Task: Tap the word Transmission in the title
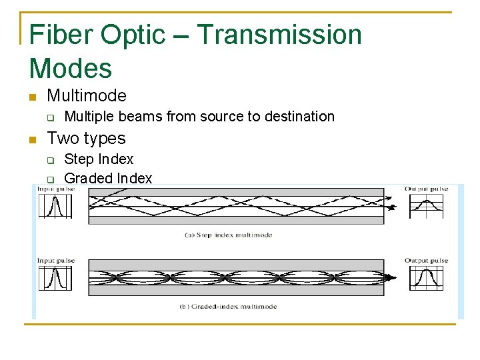pos(279,35)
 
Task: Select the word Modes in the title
pos(71,67)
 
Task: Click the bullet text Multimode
pos(87,96)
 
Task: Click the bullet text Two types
pos(86,139)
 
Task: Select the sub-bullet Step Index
pos(99,159)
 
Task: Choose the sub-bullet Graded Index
pos(108,178)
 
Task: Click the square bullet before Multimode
pos(32,97)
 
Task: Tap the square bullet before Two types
pos(32,139)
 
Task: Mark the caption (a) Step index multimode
pos(227,235)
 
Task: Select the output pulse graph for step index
pos(426,207)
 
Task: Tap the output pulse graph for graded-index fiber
pos(426,278)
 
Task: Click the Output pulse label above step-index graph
pos(426,189)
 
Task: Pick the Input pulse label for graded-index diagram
pos(55,261)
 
